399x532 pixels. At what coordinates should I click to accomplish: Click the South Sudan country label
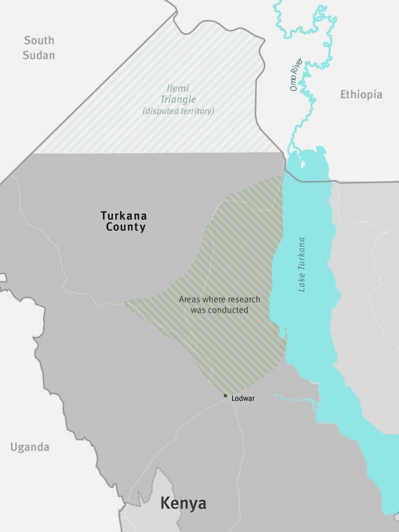click(x=39, y=47)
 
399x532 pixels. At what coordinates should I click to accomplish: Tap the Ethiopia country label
click(x=361, y=95)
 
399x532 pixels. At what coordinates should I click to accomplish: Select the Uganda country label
click(x=29, y=447)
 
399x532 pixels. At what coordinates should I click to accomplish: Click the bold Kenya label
click(x=183, y=503)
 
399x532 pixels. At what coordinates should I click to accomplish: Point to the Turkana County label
click(x=124, y=221)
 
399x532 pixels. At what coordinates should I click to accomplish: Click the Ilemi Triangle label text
click(x=178, y=94)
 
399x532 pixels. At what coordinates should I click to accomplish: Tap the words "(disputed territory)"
click(x=178, y=111)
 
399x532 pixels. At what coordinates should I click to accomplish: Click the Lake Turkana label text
click(x=302, y=264)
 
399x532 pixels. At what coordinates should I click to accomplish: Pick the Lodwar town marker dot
click(x=225, y=396)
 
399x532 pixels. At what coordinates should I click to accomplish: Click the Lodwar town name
click(x=243, y=398)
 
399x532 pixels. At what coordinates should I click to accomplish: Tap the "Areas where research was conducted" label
click(x=219, y=304)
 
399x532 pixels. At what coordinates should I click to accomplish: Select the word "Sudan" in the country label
click(x=39, y=55)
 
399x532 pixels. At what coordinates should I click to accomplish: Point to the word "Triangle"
click(x=178, y=99)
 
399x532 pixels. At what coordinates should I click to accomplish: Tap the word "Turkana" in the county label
click(x=124, y=216)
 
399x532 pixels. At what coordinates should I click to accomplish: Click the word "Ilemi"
click(x=178, y=88)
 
